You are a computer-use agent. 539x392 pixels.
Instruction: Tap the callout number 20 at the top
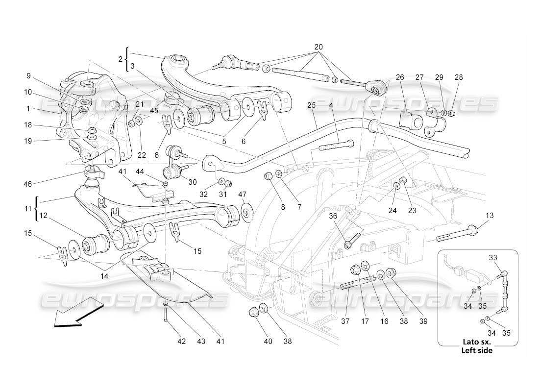point(318,47)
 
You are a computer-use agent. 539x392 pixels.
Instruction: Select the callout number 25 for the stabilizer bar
point(312,105)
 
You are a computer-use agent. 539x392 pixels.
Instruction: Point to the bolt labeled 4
point(337,145)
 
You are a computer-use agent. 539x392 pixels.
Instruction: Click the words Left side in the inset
point(477,350)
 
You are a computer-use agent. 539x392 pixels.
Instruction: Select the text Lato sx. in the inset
point(477,343)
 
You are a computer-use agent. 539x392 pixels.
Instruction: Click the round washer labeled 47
point(246,212)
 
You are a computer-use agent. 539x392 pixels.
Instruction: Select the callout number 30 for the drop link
point(192,182)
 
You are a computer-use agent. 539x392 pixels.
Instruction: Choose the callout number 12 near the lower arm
point(44,215)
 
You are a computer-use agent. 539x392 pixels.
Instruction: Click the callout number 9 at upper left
point(28,76)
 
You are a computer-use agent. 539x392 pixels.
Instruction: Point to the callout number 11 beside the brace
point(28,208)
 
